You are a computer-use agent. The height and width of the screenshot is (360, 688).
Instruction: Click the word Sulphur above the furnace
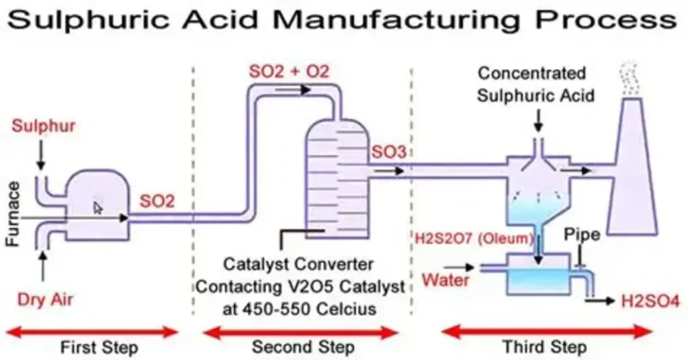point(44,126)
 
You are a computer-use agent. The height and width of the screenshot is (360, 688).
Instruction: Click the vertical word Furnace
point(15,213)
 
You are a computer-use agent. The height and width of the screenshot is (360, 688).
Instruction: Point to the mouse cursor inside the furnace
point(98,208)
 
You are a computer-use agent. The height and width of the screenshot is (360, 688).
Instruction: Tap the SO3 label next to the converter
point(388,153)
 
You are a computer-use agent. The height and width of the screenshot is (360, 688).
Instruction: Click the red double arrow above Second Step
point(301,332)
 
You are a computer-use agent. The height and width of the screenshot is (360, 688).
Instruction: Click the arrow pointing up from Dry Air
point(44,265)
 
